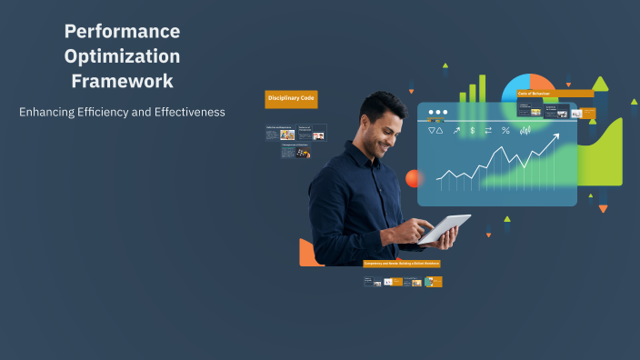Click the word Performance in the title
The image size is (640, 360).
122,31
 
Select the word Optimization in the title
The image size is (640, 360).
122,55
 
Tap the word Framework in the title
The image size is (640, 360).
122,81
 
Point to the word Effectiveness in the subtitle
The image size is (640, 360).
187,112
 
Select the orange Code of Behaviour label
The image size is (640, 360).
535,93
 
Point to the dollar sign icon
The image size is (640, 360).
473,131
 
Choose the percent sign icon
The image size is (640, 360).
505,131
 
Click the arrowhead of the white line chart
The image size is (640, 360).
555,136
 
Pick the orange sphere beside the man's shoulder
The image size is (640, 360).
415,178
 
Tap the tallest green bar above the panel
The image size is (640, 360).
482,88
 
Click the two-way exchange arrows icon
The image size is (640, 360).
488,131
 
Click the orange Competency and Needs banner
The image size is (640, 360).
402,264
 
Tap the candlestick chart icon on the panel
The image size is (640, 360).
525,131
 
